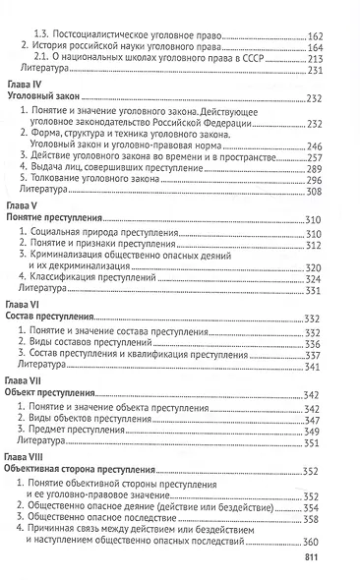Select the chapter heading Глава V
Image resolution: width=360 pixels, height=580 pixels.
(x=23, y=207)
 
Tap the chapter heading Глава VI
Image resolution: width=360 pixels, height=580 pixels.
(x=24, y=306)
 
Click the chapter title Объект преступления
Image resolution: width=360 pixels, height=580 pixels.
(x=55, y=392)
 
